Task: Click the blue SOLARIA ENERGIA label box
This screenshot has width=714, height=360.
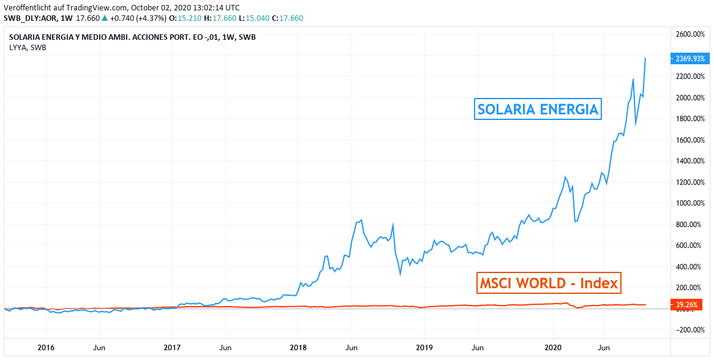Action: (538, 110)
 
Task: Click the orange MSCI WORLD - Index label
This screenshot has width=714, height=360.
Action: (548, 283)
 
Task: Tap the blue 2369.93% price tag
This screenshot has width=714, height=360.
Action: (690, 59)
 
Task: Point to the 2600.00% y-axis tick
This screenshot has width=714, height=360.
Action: (690, 34)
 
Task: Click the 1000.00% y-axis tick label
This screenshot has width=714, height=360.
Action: (690, 203)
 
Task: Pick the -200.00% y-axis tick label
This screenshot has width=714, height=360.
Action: (689, 330)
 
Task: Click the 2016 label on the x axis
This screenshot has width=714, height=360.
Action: (46, 348)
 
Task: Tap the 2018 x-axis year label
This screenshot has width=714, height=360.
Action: (299, 348)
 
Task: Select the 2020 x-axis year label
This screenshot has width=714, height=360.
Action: (553, 348)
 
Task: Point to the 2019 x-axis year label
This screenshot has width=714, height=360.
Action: (424, 348)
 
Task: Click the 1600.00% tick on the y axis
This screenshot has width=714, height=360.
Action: (690, 140)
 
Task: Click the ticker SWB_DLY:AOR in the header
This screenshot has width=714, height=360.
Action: (26, 18)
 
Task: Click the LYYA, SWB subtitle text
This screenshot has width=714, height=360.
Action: (28, 47)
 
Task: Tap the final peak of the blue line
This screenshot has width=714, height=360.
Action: (645, 58)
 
